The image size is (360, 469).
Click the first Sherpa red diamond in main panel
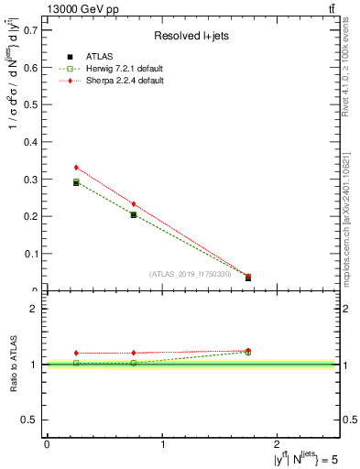(x=76, y=168)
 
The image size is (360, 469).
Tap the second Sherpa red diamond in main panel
(x=134, y=203)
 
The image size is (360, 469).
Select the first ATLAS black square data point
(x=76, y=183)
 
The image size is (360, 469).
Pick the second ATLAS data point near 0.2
(x=134, y=215)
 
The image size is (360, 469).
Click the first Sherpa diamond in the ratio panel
(x=76, y=353)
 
